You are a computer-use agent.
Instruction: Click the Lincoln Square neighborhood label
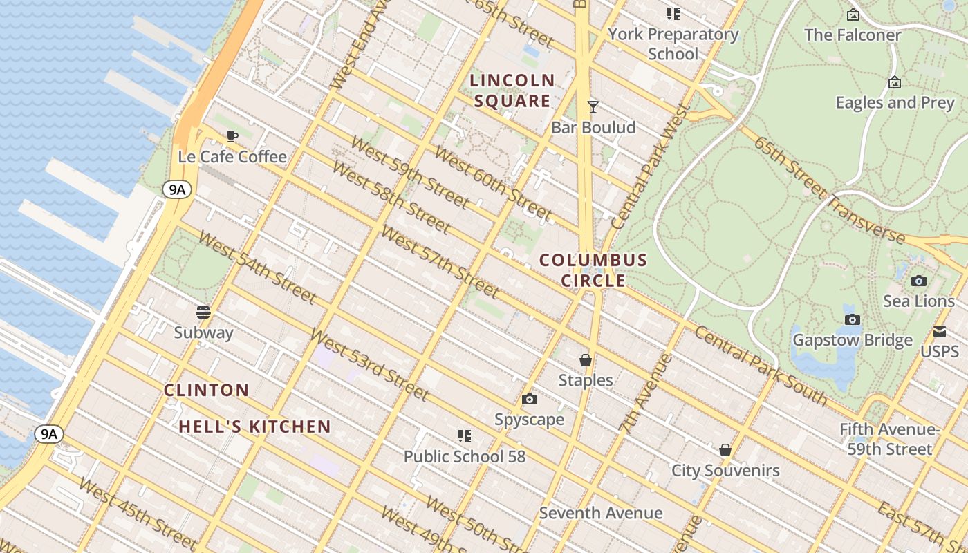point(512,91)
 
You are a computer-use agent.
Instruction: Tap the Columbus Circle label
point(593,270)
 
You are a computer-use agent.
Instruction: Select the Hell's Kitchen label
point(255,427)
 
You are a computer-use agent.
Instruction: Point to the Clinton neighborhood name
point(206,390)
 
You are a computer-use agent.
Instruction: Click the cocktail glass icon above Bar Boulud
point(593,107)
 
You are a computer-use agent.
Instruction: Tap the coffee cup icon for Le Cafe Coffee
point(232,136)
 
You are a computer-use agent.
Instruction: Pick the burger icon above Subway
point(203,312)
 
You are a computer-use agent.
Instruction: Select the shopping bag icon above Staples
point(586,360)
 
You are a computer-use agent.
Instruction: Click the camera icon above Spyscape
point(530,400)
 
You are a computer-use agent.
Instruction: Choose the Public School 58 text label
point(465,457)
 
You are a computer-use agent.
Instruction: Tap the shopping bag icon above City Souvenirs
point(725,451)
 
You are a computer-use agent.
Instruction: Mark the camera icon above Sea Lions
point(919,281)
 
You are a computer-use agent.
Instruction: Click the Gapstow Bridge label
point(853,340)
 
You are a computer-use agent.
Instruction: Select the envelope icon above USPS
point(940,332)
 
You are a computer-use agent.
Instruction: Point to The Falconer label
point(853,35)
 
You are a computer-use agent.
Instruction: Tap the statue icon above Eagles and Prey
point(895,83)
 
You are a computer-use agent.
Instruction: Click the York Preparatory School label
point(673,44)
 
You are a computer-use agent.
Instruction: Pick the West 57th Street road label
point(440,263)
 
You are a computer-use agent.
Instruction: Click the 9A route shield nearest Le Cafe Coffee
point(177,189)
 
